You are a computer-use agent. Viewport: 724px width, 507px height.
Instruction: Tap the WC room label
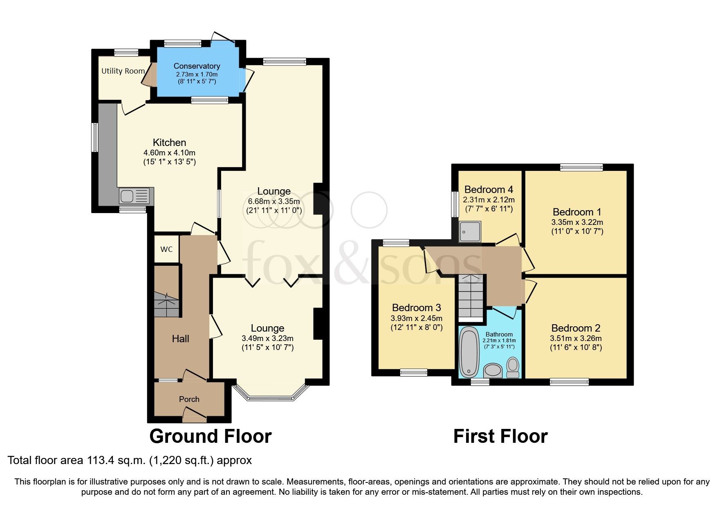coord(166,249)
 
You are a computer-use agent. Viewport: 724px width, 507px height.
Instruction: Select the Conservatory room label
coord(197,66)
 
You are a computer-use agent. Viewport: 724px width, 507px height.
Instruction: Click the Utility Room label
coord(123,71)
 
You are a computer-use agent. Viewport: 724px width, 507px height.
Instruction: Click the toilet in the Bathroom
coord(513,366)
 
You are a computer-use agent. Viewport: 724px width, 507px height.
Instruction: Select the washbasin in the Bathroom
coord(493,371)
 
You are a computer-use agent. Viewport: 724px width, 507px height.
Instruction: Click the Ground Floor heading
coord(210,436)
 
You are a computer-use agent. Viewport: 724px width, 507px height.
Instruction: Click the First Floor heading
coord(500,436)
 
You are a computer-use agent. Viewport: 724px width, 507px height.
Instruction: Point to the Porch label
coord(189,399)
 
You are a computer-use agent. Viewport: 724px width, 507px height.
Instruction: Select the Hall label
coord(180,339)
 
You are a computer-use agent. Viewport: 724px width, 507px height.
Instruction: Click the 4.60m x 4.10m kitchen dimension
coord(169,153)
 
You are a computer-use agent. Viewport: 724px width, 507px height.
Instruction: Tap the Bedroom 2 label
coord(576,328)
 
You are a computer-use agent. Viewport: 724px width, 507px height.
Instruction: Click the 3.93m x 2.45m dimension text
coord(416,318)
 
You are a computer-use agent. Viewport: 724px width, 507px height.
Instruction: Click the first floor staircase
coord(470,296)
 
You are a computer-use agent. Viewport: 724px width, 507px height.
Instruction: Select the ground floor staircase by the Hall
coord(167,305)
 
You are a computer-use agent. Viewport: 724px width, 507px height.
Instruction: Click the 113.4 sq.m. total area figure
coord(116,460)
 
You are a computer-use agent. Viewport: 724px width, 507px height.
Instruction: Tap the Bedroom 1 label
coord(577,212)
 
